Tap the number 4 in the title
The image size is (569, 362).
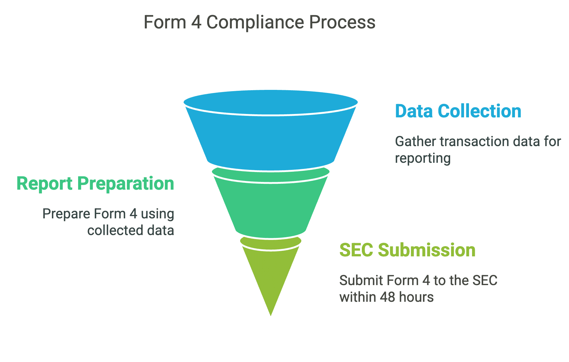click(x=196, y=23)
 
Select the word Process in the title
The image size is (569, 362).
click(x=342, y=23)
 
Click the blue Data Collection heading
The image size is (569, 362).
click(x=458, y=111)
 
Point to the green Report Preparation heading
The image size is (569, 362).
click(x=95, y=183)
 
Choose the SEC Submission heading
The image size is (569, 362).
click(x=407, y=250)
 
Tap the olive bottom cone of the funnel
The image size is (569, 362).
click(x=270, y=275)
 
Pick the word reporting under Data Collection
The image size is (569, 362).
click(x=423, y=158)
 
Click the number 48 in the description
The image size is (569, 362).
click(x=388, y=297)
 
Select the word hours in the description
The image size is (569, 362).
click(x=416, y=297)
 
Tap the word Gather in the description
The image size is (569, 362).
click(x=416, y=142)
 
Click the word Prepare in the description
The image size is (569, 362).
click(x=66, y=214)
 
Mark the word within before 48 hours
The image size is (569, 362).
click(x=358, y=297)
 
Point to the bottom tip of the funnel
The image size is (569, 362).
click(x=271, y=314)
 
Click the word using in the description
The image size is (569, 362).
click(x=157, y=214)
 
